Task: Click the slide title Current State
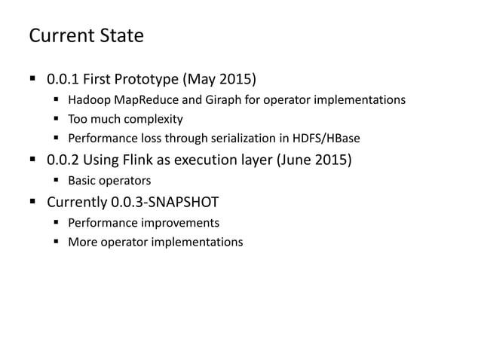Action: click(85, 35)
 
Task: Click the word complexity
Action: click(156, 119)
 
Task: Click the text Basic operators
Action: click(110, 182)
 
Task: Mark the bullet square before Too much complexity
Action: click(57, 119)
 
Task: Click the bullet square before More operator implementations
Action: click(57, 242)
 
